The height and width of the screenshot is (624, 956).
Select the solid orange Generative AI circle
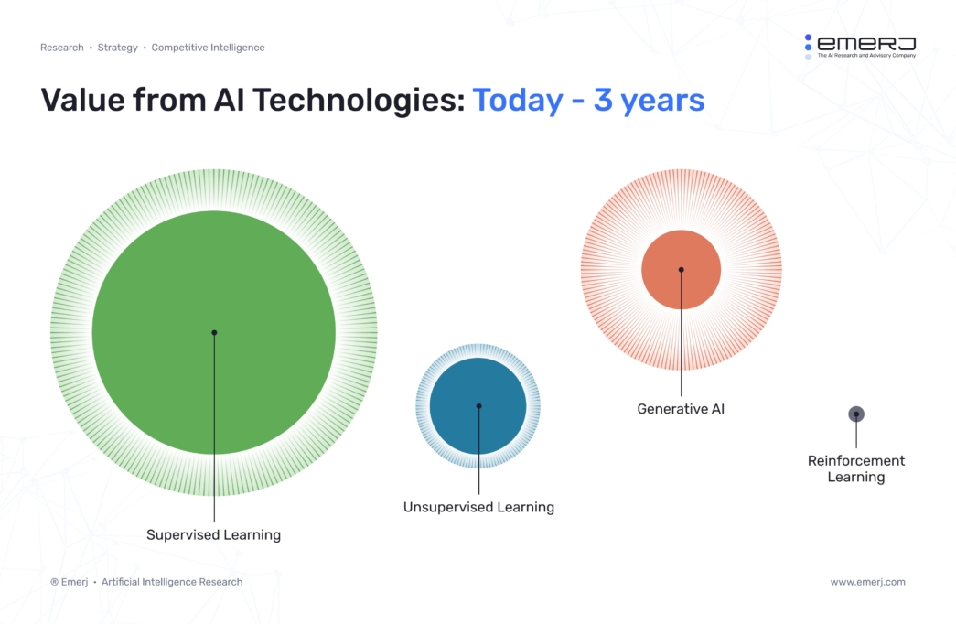click(695, 256)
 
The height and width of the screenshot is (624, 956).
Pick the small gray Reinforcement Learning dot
click(856, 414)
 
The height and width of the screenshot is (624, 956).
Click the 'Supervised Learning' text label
click(213, 534)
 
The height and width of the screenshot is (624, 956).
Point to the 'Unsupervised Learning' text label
click(478, 507)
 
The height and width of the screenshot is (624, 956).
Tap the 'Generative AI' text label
click(681, 409)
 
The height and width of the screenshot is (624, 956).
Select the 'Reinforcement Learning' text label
click(856, 468)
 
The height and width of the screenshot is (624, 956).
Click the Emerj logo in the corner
click(860, 43)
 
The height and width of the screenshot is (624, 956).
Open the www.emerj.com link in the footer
click(867, 582)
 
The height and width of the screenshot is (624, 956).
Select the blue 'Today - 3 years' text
click(588, 100)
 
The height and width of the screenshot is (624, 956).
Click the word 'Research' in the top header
click(61, 48)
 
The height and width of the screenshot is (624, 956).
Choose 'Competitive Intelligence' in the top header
click(208, 48)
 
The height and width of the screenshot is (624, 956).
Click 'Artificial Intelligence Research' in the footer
click(172, 582)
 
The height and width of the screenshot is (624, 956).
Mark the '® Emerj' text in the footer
click(69, 582)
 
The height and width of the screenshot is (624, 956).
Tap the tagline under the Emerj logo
click(865, 56)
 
